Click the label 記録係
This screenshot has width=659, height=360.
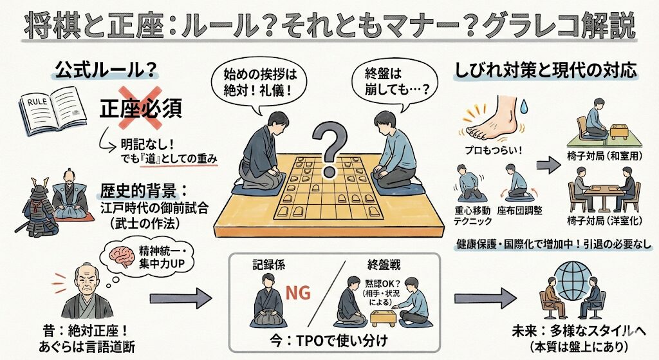click(268, 263)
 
